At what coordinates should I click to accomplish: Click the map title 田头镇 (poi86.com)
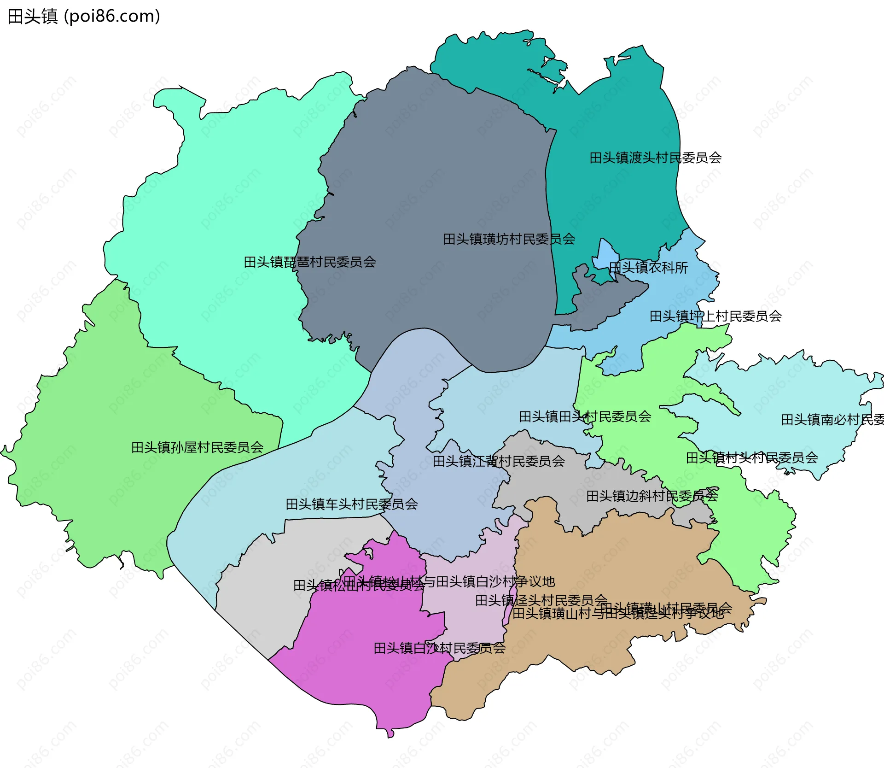pos(84,16)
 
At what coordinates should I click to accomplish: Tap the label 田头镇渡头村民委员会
pos(655,158)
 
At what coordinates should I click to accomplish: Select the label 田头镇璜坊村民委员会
pos(509,239)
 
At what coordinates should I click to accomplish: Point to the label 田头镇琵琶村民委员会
pos(309,262)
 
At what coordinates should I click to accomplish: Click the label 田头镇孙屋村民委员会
pos(197,447)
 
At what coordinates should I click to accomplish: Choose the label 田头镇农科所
pos(648,268)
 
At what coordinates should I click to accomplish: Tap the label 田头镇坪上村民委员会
pos(715,317)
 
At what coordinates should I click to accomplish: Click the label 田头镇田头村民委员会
pos(585,417)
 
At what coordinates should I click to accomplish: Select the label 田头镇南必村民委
pos(832,420)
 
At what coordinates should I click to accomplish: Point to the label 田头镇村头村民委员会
pos(751,458)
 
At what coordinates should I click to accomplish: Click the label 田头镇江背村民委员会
pos(499,461)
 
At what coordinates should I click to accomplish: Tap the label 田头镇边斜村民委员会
pos(652,496)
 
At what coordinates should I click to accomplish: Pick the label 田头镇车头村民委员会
pos(351,504)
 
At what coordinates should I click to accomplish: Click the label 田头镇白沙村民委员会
pos(439,649)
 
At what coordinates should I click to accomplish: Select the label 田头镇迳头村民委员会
pos(541,601)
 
